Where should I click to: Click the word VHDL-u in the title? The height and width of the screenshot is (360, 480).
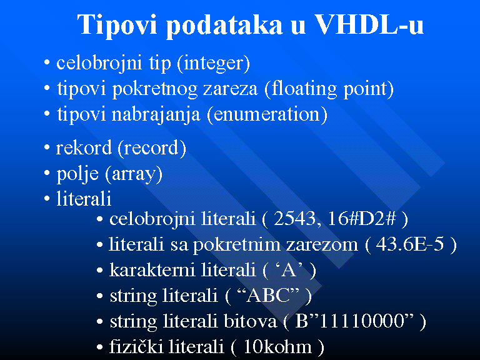point(369,24)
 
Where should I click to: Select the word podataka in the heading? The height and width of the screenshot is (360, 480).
point(224,24)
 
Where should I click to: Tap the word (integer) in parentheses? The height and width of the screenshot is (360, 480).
point(213,64)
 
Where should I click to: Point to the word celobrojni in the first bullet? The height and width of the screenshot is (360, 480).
point(99,64)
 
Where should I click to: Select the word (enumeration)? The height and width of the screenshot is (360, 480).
point(267,115)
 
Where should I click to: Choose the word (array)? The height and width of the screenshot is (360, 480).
point(134,174)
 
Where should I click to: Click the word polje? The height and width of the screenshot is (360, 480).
point(77,174)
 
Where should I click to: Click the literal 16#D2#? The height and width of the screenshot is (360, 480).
point(362,219)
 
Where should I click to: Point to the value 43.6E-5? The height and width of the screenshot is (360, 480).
point(409,244)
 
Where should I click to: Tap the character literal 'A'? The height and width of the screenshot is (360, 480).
point(289,270)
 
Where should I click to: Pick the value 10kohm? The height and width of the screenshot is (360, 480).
point(277,347)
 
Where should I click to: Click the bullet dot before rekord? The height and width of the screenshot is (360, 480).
point(47,147)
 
